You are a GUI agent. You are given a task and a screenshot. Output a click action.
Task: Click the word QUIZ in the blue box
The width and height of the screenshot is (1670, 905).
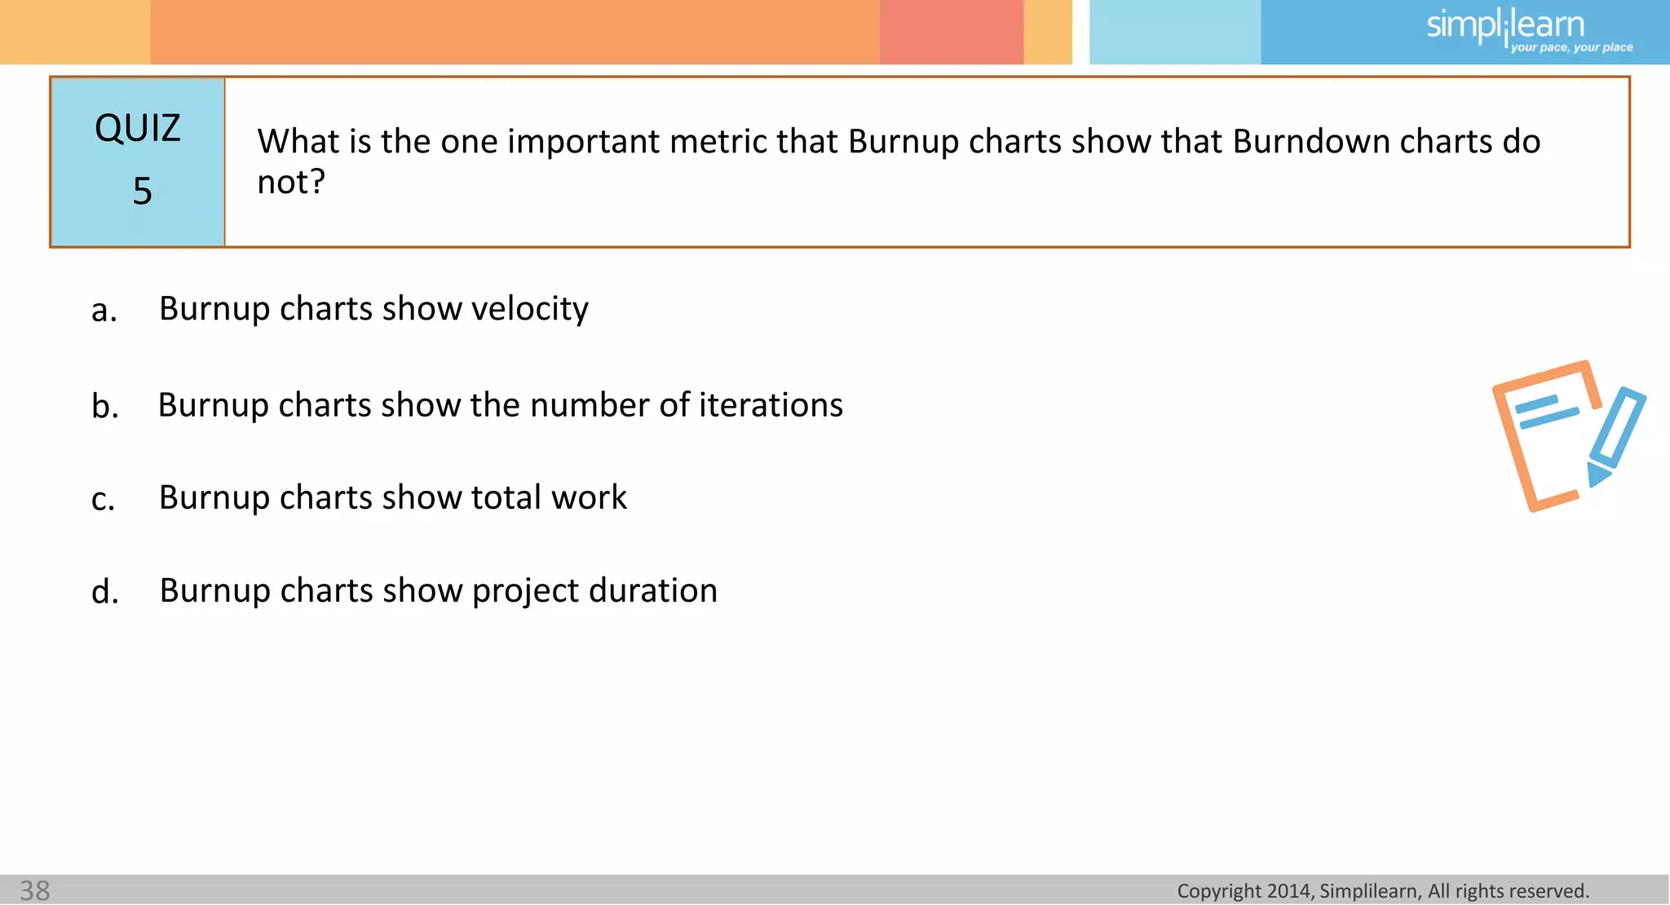(x=137, y=129)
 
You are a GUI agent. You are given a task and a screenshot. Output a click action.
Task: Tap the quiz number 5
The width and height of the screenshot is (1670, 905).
(x=142, y=192)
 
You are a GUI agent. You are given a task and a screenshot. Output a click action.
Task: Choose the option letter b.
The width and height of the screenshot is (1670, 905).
(x=104, y=406)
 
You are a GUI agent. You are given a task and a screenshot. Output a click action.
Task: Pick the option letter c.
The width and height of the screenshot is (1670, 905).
(x=103, y=500)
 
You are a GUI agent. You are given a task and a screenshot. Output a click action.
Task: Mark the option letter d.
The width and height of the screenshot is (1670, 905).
(x=104, y=592)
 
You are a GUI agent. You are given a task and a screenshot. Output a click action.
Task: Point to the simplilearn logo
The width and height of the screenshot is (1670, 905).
(x=1504, y=26)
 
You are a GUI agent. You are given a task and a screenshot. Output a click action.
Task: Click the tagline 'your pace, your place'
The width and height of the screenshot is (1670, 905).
(x=1571, y=47)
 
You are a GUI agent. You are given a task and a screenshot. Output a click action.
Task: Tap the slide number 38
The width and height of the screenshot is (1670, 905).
(x=35, y=890)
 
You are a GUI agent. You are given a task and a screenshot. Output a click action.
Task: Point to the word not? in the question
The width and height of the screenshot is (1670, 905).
(x=291, y=182)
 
